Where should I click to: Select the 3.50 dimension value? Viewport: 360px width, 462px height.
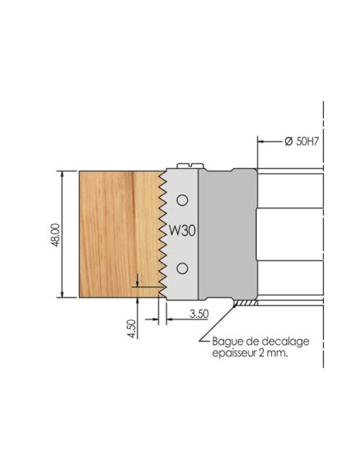click(x=201, y=315)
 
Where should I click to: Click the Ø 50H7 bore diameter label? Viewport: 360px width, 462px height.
click(x=302, y=141)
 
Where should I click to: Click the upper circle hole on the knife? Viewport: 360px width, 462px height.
click(x=182, y=199)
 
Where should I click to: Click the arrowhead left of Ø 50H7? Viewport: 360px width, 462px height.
click(x=262, y=141)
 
